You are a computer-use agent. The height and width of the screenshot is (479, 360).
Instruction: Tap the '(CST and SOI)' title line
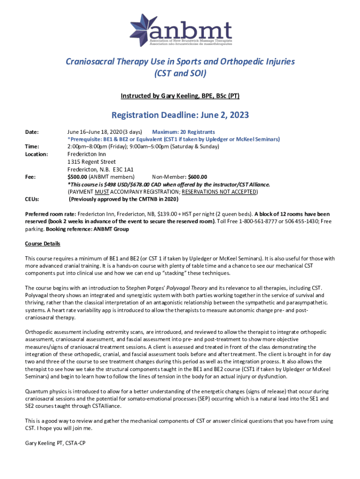(x=180, y=73)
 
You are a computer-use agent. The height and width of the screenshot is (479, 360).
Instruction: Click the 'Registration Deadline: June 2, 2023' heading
(x=180, y=115)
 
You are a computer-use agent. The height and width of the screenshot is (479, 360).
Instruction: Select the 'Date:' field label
(x=32, y=132)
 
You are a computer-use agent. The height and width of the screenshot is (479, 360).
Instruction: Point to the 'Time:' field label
(x=32, y=146)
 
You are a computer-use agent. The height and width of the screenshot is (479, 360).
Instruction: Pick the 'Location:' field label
(x=36, y=154)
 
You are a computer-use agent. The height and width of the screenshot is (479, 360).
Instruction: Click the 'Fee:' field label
(x=30, y=177)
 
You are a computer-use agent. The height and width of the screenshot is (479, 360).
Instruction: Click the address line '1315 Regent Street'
(x=92, y=161)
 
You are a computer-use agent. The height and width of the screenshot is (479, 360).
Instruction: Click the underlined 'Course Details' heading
(x=43, y=244)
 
